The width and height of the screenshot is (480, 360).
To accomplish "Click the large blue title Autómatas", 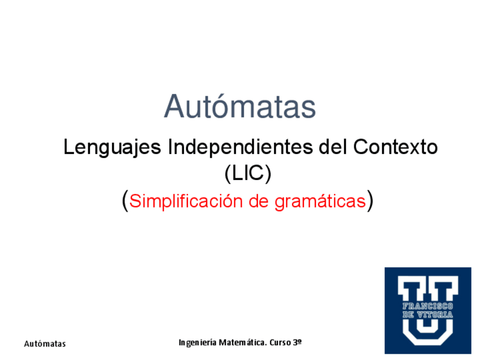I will point(240,106).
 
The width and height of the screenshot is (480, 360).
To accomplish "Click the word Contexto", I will point(396,148).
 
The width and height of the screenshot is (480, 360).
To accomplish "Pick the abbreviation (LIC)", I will point(248,173).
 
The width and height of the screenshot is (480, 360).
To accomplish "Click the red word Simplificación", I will point(187,202).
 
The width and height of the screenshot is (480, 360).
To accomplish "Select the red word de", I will point(260,202).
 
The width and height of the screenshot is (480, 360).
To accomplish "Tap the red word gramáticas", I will point(320,202).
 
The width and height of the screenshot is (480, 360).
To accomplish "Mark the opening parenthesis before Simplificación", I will point(125,201).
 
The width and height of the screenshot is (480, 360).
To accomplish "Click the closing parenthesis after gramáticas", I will point(370,201).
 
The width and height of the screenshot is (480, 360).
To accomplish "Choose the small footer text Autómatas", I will point(45,344).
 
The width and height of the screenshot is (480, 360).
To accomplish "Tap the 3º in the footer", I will point(298,342).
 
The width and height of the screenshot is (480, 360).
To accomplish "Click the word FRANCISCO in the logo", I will point(428,306).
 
